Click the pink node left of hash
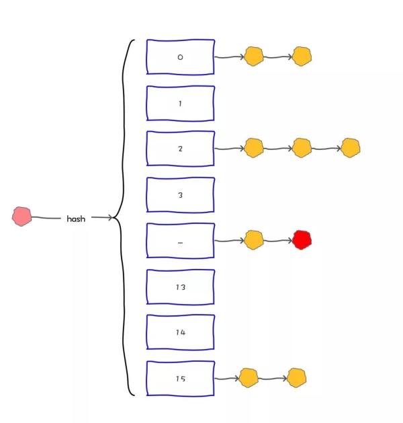(x=22, y=216)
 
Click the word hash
(x=76, y=219)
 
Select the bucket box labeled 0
(x=180, y=57)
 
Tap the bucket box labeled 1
(x=180, y=104)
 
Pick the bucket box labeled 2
(x=180, y=149)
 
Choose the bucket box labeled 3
(x=180, y=195)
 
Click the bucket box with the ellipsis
(x=180, y=241)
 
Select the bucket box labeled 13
(x=180, y=287)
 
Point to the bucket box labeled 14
(x=180, y=332)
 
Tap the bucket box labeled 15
(x=180, y=379)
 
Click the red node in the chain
(x=302, y=239)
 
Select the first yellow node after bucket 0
(x=253, y=56)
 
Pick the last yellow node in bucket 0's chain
(x=302, y=56)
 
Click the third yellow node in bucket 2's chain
(x=350, y=148)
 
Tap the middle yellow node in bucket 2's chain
(x=302, y=148)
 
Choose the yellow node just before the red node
(x=253, y=239)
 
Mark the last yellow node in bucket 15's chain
(x=296, y=378)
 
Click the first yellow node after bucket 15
(x=249, y=378)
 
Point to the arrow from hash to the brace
(x=102, y=217)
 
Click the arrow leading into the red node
(x=277, y=240)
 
